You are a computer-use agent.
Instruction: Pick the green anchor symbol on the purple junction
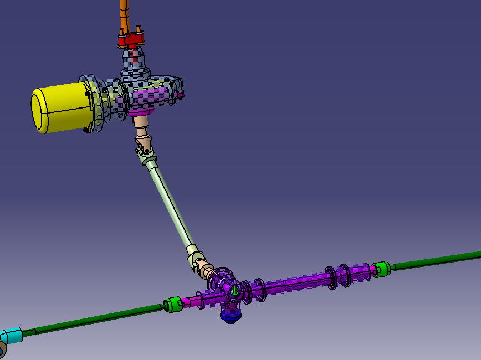pyautogui.click(x=234, y=291)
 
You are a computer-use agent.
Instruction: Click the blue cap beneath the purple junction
pyautogui.click(x=230, y=316)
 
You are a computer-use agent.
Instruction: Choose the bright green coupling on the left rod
pyautogui.click(x=173, y=305)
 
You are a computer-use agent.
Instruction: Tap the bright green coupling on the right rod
pyautogui.click(x=380, y=269)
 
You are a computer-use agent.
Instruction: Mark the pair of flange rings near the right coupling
pyautogui.click(x=337, y=276)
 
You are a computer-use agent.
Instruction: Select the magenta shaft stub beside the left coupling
pyautogui.click(x=192, y=301)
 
